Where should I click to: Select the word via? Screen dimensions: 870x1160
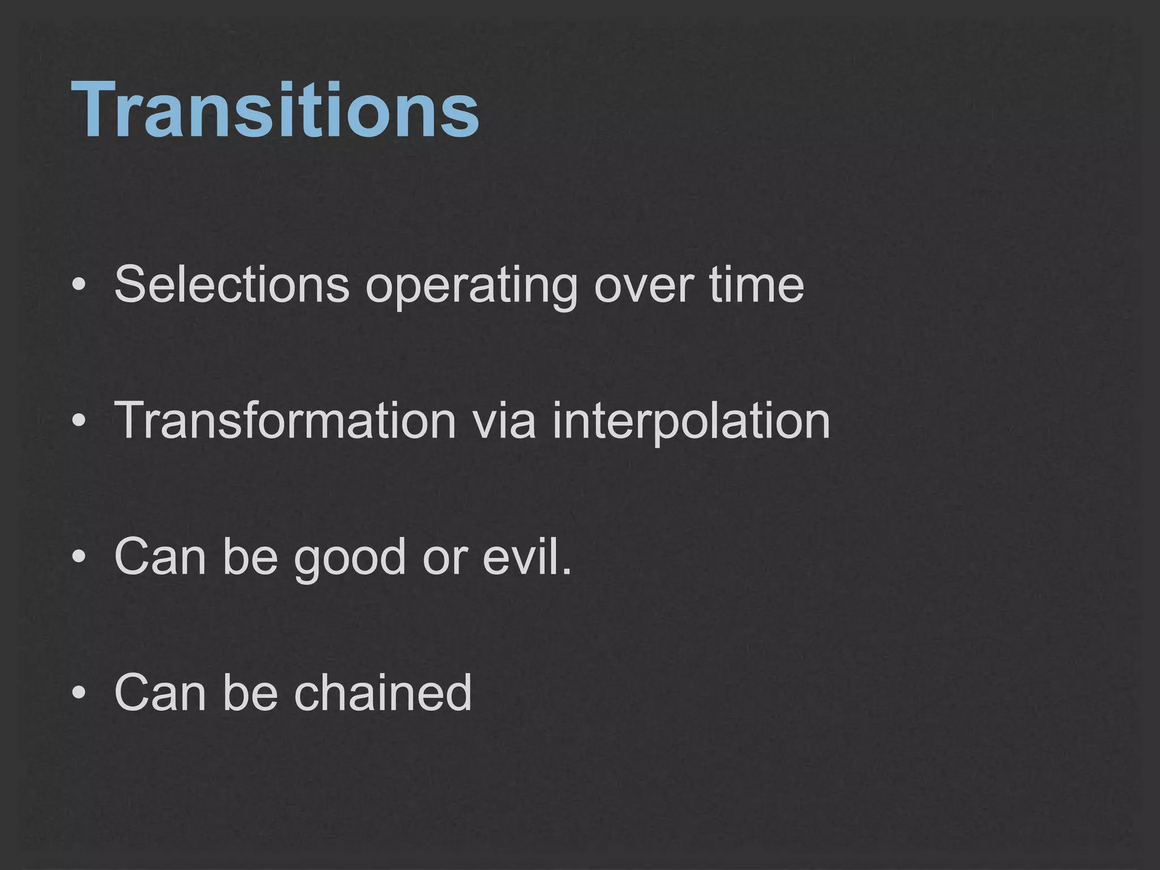coord(504,420)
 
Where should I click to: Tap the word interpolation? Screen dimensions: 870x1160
coord(690,421)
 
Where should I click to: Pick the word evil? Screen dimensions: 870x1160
coord(527,556)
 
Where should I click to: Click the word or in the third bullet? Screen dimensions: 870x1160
coord(444,557)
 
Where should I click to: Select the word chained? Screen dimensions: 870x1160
coord(382,692)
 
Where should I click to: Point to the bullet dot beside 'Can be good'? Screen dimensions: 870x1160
coord(79,558)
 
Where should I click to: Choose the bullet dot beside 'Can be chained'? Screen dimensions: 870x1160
coord(79,693)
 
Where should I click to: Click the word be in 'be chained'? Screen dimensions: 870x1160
coord(250,692)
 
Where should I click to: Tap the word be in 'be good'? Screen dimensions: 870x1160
coord(250,556)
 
